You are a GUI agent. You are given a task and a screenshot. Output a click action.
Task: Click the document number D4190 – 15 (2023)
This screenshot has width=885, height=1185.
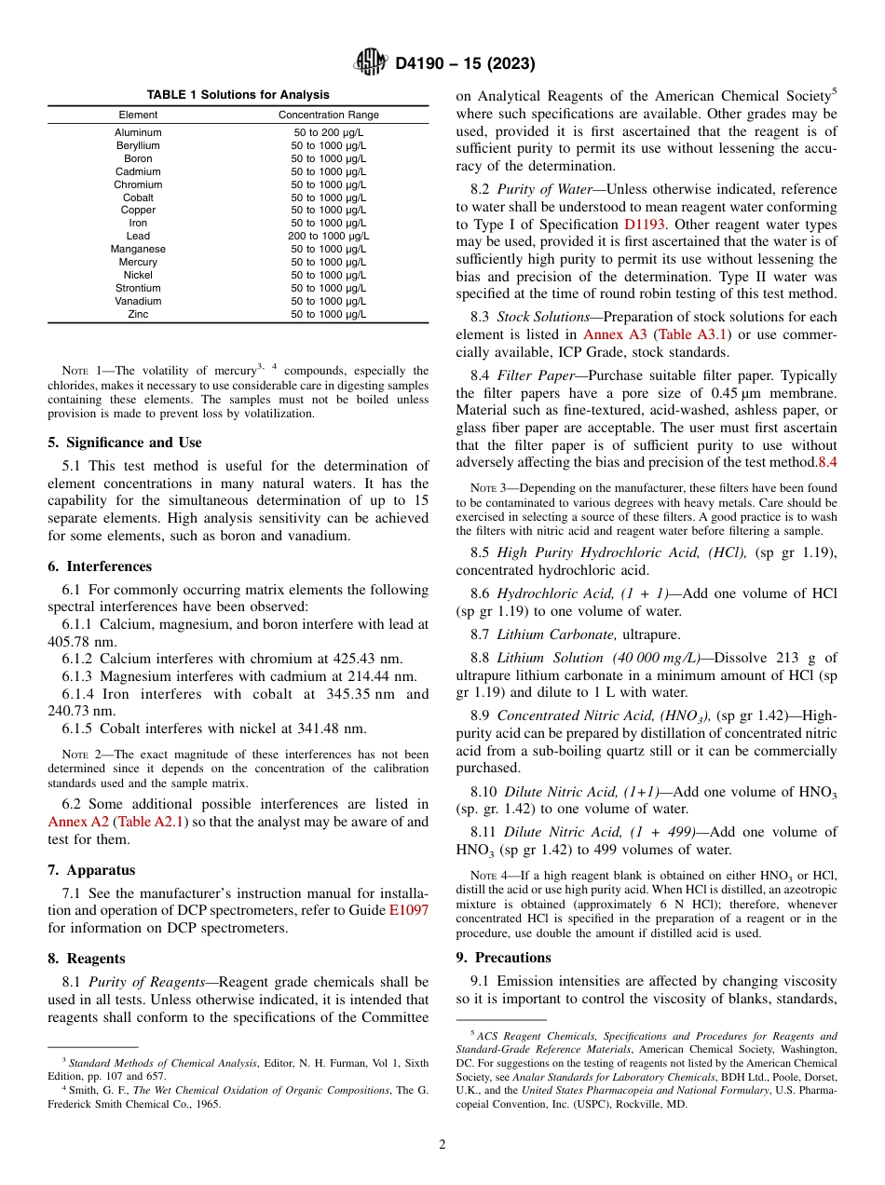point(465,64)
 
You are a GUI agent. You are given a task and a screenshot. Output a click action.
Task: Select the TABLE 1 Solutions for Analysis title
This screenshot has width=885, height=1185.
point(238,95)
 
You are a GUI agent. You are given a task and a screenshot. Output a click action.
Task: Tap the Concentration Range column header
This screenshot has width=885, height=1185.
point(329,115)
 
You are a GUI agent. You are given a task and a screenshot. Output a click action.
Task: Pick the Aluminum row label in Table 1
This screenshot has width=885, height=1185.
point(138,133)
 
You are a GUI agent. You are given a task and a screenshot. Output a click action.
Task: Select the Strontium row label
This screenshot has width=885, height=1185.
point(138,289)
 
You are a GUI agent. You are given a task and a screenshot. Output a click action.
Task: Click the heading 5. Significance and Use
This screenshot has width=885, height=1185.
point(124,443)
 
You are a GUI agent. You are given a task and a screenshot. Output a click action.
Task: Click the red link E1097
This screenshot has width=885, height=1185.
point(409,910)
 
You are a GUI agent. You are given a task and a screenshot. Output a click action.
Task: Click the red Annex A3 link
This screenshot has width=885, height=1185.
point(615,334)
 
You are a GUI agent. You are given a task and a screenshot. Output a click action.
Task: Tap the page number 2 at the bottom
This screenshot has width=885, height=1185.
point(442,1145)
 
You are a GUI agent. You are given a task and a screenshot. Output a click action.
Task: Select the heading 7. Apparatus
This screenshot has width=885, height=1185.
point(91,870)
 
